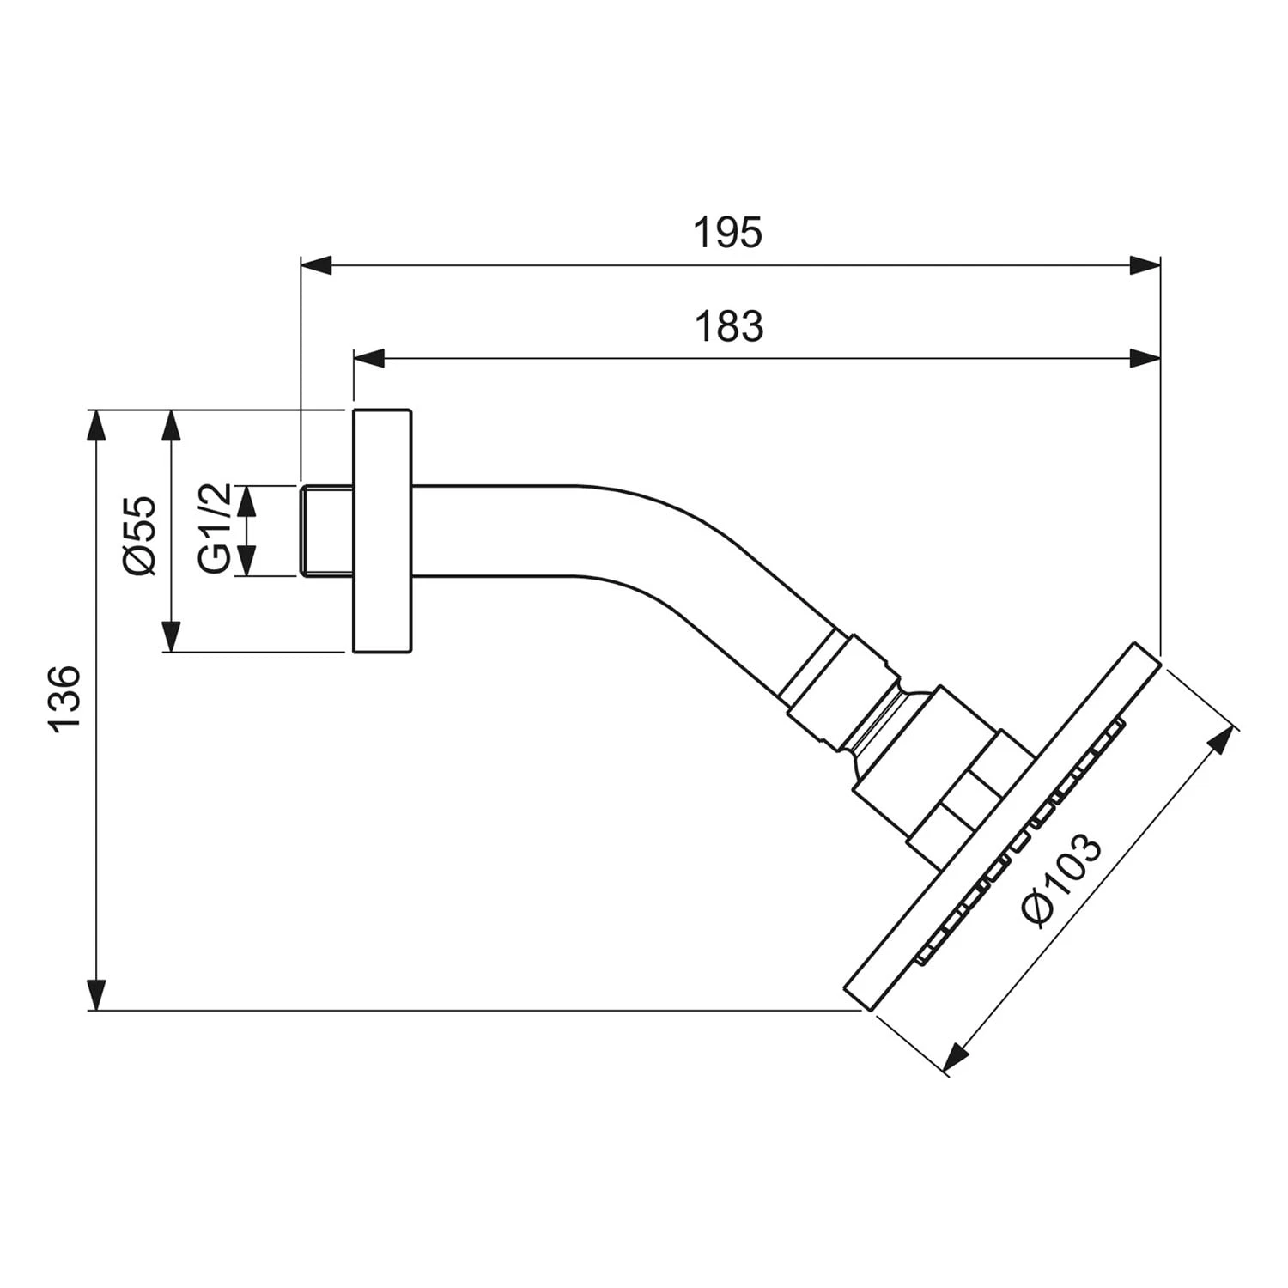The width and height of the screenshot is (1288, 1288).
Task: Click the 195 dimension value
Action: tap(728, 234)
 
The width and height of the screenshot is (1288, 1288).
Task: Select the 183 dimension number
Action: tap(728, 327)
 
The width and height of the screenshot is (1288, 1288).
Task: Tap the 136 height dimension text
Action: tap(66, 697)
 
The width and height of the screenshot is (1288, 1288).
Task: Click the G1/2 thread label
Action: tap(214, 528)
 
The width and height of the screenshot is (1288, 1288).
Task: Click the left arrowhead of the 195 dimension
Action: tap(316, 265)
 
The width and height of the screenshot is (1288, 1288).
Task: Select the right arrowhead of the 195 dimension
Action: tap(1145, 265)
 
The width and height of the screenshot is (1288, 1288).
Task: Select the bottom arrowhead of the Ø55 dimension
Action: tap(172, 636)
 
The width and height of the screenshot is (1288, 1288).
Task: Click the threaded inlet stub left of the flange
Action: tap(327, 531)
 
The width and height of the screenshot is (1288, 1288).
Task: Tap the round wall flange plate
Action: tap(382, 531)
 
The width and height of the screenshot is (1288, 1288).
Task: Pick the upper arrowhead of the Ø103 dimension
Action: tap(1221, 739)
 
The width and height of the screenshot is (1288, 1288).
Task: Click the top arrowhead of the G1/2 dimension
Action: tap(246, 501)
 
